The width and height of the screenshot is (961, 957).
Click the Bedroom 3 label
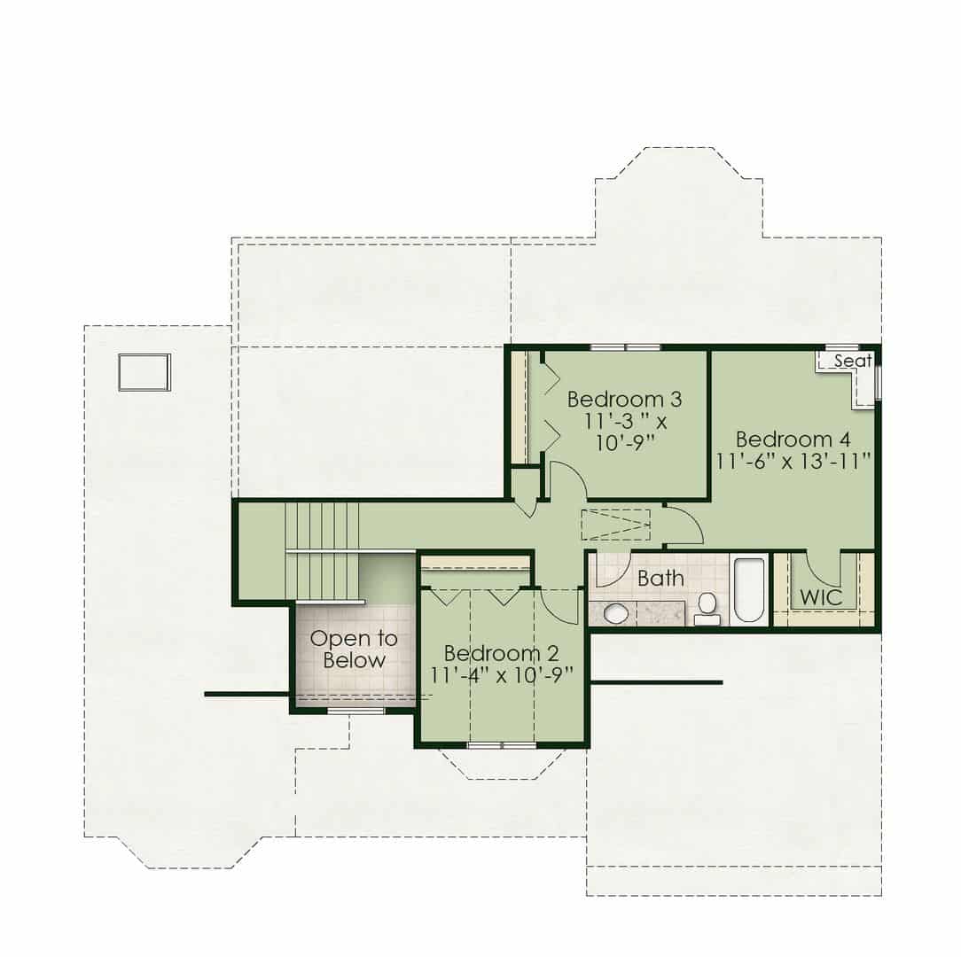pyautogui.click(x=624, y=399)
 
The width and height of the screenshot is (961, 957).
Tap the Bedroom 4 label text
pyautogui.click(x=793, y=440)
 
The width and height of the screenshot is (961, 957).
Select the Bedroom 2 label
pyautogui.click(x=502, y=652)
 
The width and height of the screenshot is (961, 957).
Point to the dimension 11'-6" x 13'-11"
pyautogui.click(x=793, y=461)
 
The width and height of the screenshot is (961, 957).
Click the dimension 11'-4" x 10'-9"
pyautogui.click(x=502, y=674)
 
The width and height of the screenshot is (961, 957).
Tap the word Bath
pyautogui.click(x=660, y=579)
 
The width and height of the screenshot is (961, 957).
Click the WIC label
pyautogui.click(x=821, y=597)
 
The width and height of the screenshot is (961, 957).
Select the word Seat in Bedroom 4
pyautogui.click(x=853, y=361)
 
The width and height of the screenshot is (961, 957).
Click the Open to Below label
pyautogui.click(x=354, y=650)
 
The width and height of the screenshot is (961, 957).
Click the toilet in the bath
pyautogui.click(x=707, y=609)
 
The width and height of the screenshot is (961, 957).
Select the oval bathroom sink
pyautogui.click(x=614, y=612)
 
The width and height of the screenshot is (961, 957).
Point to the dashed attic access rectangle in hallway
pyautogui.click(x=615, y=525)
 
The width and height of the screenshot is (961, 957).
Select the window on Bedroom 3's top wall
pyautogui.click(x=625, y=347)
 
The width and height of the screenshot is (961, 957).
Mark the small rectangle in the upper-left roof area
pyautogui.click(x=144, y=372)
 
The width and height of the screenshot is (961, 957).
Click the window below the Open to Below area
pyautogui.click(x=355, y=711)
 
